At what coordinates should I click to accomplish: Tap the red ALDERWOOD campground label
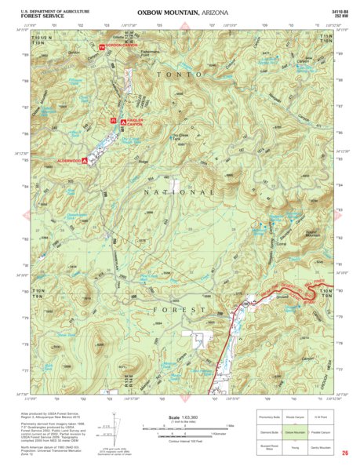pyautogui.click(x=68, y=161)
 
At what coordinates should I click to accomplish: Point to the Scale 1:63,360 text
pyautogui.click(x=180, y=417)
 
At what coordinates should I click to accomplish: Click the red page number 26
pyautogui.click(x=344, y=451)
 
